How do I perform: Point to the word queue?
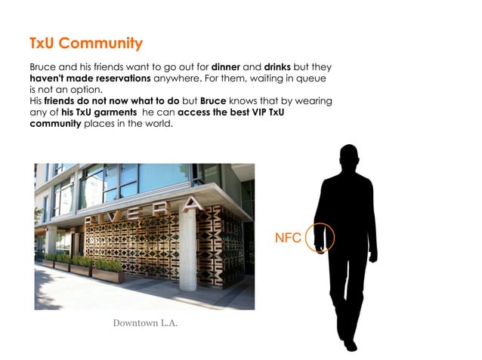pos(314,78)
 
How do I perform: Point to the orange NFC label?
pos(288,238)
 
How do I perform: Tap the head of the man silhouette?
pos(348,158)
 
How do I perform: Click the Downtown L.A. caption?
pos(145,323)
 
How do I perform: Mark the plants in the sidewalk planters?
pos(83,262)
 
